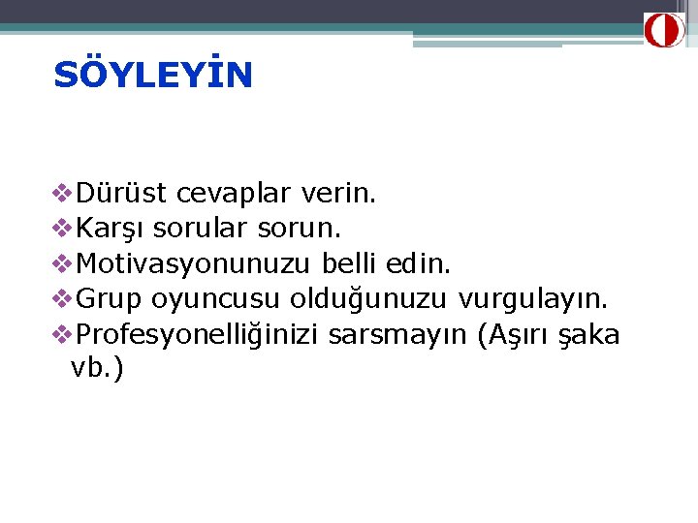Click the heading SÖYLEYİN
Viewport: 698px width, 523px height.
(x=153, y=75)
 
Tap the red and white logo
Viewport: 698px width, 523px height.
(x=665, y=30)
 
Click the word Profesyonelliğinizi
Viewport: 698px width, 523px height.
(x=198, y=335)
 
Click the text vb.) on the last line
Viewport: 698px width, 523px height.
(x=97, y=369)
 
